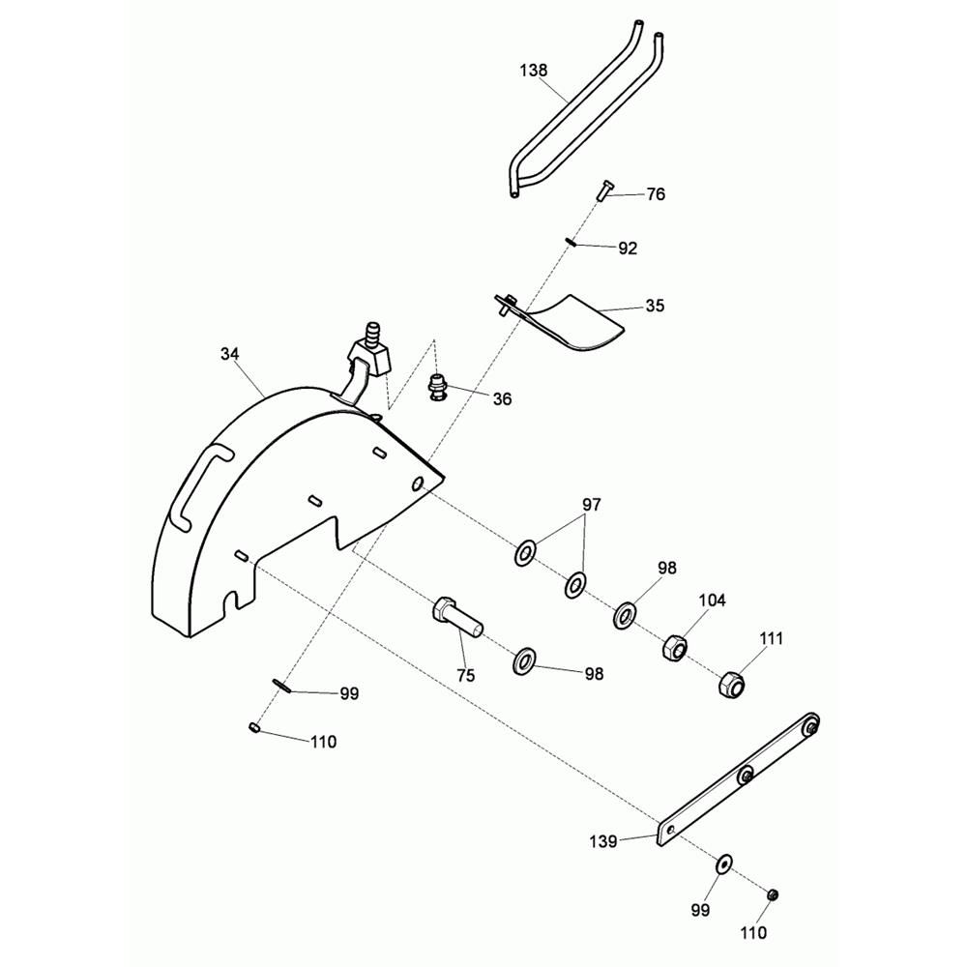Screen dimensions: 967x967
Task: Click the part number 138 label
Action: pyautogui.click(x=534, y=71)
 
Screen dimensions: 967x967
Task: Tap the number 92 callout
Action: pyautogui.click(x=628, y=249)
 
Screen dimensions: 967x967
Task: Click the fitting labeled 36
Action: pyautogui.click(x=437, y=386)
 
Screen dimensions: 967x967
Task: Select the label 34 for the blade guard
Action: pyautogui.click(x=230, y=354)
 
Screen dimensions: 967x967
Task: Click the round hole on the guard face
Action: pyautogui.click(x=419, y=484)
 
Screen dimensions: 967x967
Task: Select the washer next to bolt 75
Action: pyautogui.click(x=524, y=661)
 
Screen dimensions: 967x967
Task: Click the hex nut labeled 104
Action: pyautogui.click(x=673, y=647)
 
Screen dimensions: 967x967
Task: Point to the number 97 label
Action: pyautogui.click(x=592, y=505)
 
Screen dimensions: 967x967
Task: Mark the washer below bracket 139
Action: pyautogui.click(x=723, y=864)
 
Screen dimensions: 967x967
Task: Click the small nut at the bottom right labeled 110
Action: pyautogui.click(x=772, y=894)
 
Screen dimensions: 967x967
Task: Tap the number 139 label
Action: pyautogui.click(x=603, y=841)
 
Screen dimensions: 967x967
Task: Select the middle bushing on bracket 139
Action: pyautogui.click(x=747, y=775)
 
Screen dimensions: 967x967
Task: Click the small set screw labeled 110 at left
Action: pyautogui.click(x=254, y=728)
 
